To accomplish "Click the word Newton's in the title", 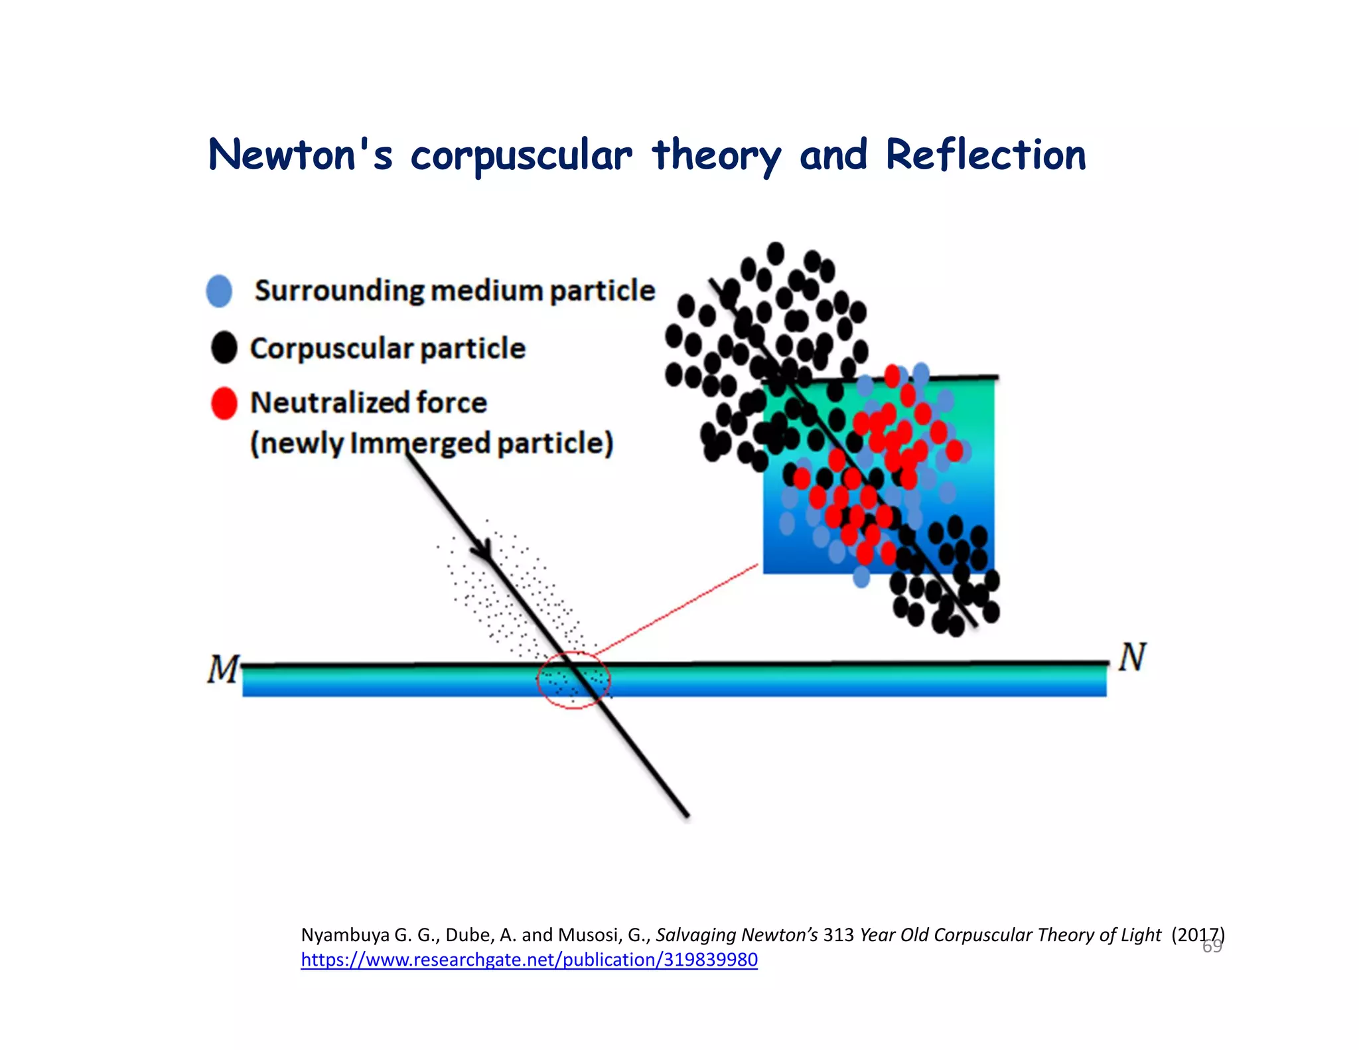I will click(300, 155).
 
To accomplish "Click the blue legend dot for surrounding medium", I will click(219, 291).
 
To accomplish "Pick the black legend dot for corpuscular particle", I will click(224, 348).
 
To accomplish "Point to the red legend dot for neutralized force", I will click(224, 403).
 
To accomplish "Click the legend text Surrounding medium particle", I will click(455, 291).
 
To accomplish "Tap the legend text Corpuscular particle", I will click(388, 348).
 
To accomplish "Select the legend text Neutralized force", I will click(368, 403).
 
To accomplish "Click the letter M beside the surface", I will click(222, 669).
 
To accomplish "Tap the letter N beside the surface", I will click(1132, 657).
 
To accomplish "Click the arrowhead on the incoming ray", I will click(483, 551).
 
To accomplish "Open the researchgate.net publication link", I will click(529, 960).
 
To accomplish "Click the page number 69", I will click(1212, 946).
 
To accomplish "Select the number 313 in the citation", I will click(838, 935).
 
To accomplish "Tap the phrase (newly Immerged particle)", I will click(431, 443).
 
